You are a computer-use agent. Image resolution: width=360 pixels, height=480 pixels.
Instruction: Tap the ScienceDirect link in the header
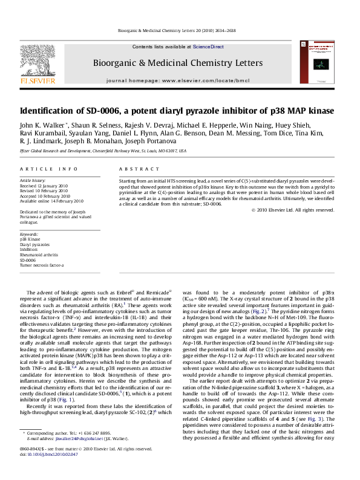(x=209, y=47)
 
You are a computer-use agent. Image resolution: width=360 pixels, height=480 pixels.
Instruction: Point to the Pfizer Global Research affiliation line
(x=103, y=151)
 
